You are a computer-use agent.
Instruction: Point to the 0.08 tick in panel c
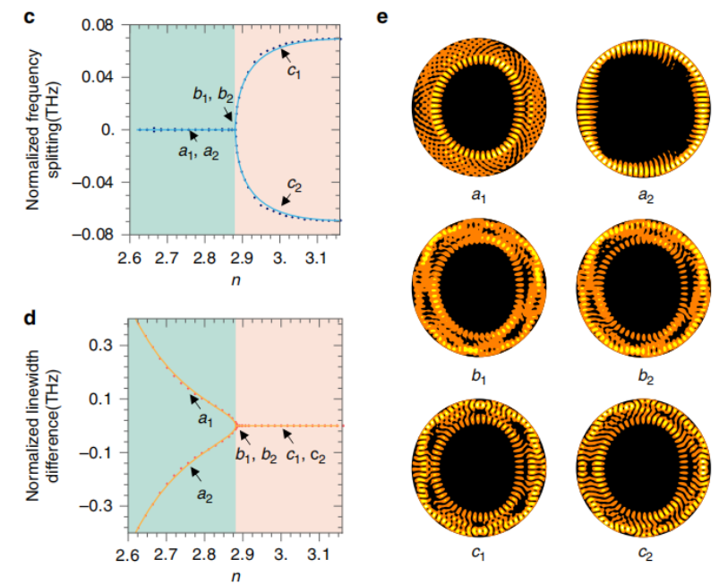[x=101, y=24]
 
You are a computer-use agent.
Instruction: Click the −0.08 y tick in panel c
[x=96, y=235]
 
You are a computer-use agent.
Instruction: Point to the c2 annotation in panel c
[x=294, y=185]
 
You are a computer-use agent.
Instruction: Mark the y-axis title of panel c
[x=42, y=130]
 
